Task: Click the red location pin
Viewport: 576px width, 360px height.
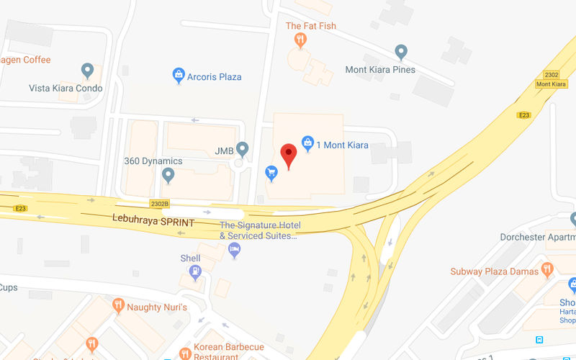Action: point(289,154)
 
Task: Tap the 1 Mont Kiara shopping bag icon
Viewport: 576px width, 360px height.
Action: point(307,143)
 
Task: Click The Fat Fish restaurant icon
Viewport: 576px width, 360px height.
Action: point(300,40)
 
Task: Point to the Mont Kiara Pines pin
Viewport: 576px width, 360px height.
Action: point(402,53)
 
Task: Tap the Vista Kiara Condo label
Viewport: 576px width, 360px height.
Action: point(66,89)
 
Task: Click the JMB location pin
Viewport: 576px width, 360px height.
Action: point(243,149)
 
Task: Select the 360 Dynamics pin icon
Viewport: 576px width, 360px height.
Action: point(169,175)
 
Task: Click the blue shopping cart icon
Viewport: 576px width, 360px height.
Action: point(271,172)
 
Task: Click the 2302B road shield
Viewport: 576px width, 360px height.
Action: point(159,204)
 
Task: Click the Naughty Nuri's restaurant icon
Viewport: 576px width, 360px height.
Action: point(119,307)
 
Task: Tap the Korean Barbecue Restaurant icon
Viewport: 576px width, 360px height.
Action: point(186,353)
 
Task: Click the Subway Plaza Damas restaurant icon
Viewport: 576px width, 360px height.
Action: point(548,270)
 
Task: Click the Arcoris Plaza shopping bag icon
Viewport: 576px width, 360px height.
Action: point(179,75)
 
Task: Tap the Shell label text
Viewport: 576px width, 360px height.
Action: point(190,258)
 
